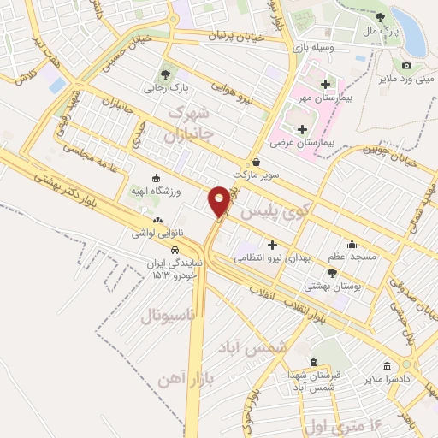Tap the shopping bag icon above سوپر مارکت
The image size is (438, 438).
tap(256, 162)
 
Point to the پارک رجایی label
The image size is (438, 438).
tap(164, 86)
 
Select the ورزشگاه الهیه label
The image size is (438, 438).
tap(153, 191)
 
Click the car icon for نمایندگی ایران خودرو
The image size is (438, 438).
tap(175, 250)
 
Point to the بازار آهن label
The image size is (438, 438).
tap(185, 377)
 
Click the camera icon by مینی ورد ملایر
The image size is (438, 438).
tap(406, 66)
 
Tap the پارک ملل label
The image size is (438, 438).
tap(377, 31)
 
